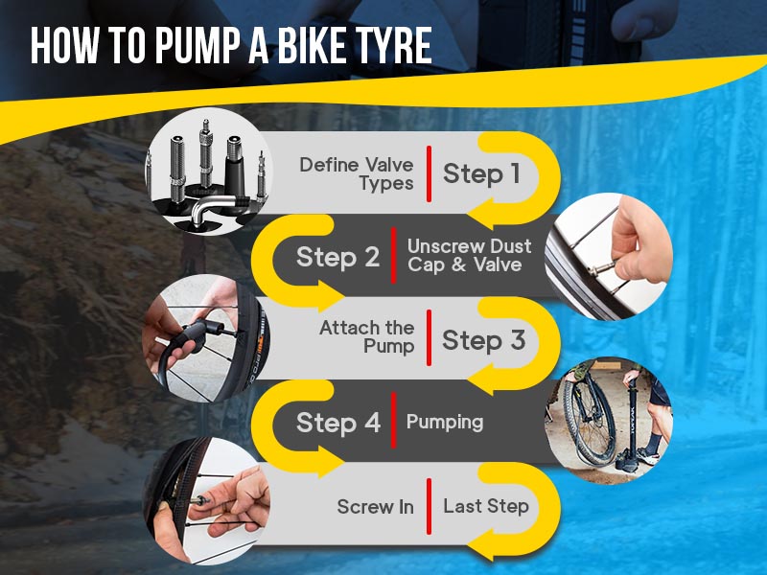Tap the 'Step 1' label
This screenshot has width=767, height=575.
click(x=481, y=173)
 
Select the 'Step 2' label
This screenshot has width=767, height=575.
click(x=337, y=257)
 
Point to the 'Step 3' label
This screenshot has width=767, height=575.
click(x=483, y=340)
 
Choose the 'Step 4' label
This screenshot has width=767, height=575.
click(x=337, y=423)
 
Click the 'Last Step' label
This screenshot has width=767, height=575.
click(x=485, y=506)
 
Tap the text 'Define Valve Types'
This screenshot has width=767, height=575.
click(x=357, y=173)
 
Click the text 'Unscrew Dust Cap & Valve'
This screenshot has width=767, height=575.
click(x=469, y=256)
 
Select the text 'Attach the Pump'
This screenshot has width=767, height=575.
click(x=368, y=337)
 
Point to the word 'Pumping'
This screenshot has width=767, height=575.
click(x=445, y=423)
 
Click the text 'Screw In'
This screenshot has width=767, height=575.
click(x=375, y=506)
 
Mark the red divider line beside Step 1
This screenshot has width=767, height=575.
click(x=429, y=173)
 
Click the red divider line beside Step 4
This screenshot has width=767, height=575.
click(x=393, y=423)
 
